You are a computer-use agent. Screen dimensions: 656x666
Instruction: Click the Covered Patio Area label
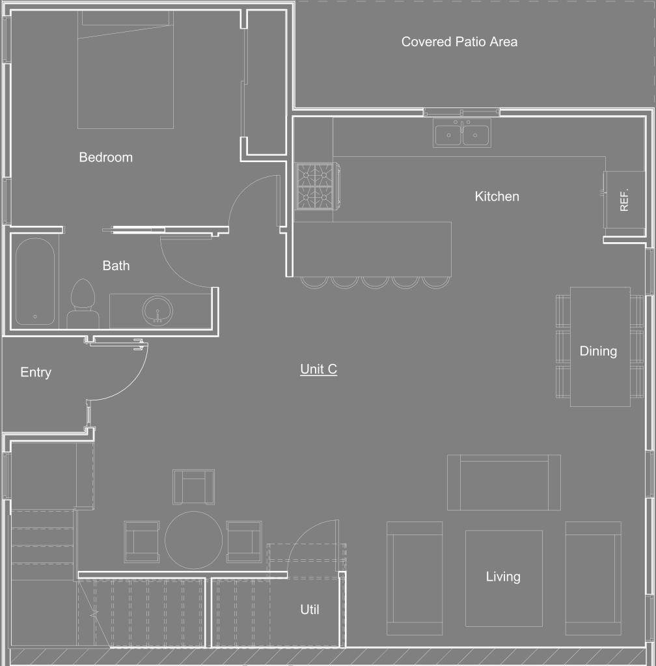coord(459,42)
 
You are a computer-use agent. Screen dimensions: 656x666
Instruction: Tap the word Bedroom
coord(105,157)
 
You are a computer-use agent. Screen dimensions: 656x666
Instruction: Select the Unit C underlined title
coord(318,369)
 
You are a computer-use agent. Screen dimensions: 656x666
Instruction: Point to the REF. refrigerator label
coord(623,200)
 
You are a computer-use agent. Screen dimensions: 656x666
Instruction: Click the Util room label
coord(310,609)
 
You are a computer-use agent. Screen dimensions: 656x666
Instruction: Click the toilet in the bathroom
coord(83,303)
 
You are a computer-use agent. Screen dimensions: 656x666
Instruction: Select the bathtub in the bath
coord(34,281)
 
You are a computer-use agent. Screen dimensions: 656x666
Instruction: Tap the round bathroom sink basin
coord(157,310)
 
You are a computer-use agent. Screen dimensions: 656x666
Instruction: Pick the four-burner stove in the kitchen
coord(317,186)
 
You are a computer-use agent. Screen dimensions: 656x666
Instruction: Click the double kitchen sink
coord(462,133)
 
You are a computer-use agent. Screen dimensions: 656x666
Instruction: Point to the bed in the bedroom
coord(125,69)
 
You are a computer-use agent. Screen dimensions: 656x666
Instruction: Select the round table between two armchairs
coord(194,540)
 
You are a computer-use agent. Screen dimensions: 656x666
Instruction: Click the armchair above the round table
coord(194,487)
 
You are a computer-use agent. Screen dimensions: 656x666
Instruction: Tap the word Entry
coord(36,372)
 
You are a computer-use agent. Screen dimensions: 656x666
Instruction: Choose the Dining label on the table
coord(598,352)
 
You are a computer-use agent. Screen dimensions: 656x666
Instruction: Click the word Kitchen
coord(497,196)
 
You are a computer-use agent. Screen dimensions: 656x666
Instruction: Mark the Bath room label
coord(116,266)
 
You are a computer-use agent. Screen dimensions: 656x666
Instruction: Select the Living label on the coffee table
coord(503,577)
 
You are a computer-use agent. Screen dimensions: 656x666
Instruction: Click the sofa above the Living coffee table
coord(504,482)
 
